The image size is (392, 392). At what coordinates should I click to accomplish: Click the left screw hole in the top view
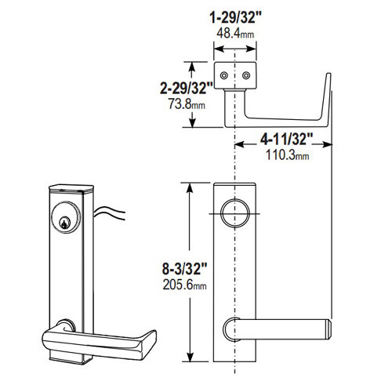[x=225, y=75]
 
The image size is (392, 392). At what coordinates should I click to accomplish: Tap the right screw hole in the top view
[x=246, y=75]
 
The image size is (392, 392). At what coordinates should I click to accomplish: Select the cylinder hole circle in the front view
[x=234, y=212]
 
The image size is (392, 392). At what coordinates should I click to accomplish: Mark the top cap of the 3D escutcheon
[x=71, y=188]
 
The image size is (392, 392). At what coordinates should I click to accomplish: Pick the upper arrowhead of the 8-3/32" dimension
[x=188, y=186]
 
